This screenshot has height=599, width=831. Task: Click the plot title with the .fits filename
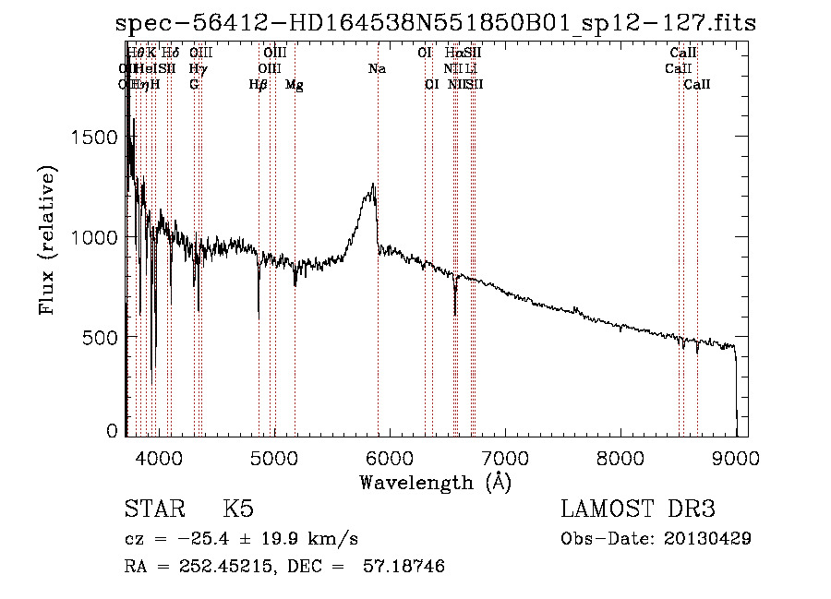coord(436,23)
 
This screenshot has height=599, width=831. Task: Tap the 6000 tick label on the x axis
coord(390,455)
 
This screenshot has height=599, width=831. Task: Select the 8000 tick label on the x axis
coord(620,455)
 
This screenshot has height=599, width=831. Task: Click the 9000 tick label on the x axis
coord(736,455)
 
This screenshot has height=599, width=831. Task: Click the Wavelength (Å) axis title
coord(435,482)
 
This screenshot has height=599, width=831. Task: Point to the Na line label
coord(377,69)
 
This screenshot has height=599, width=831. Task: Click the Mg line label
coord(295,85)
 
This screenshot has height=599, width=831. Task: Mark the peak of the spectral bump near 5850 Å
coord(373,185)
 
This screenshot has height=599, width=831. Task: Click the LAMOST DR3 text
coord(637,510)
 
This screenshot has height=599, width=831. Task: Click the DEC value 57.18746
coord(406,567)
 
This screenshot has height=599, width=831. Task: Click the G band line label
coord(194,85)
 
